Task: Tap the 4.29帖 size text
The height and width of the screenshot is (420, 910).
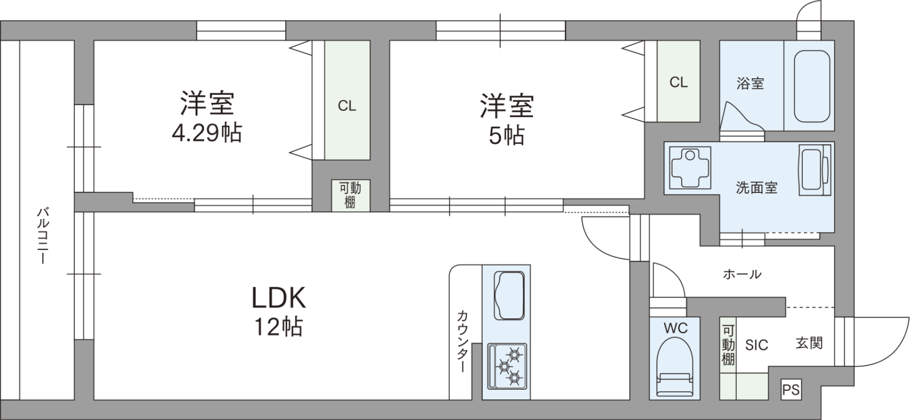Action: pos(207,132)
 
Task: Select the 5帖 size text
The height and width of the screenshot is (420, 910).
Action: pos(506,135)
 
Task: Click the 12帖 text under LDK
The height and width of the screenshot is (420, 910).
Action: pos(278,327)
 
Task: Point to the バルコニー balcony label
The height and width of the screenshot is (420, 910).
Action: pos(43,236)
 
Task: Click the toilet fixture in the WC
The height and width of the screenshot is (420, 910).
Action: pos(674,367)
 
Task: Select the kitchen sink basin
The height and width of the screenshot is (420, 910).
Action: pos(509,295)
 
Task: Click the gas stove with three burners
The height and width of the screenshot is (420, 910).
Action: pos(507,367)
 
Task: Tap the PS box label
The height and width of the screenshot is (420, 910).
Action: pos(791,390)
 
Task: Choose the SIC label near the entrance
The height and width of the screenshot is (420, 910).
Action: pos(756,345)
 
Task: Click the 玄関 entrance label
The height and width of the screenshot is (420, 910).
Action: pos(809,343)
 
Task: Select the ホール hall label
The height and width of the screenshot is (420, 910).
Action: pos(742,274)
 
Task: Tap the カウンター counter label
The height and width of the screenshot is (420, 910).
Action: pos(462,341)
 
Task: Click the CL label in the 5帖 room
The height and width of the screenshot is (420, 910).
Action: pos(678,83)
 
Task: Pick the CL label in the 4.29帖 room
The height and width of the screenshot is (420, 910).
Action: pos(347,106)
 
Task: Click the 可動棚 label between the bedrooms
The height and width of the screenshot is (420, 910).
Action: pos(350,195)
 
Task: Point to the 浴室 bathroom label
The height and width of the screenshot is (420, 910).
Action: pos(750,83)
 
